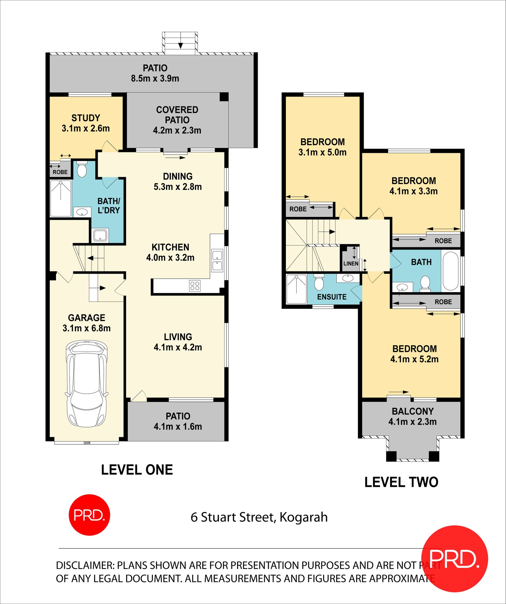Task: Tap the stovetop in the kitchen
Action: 194,286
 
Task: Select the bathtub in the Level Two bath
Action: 451,271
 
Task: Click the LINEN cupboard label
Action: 351,264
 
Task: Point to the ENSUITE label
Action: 332,297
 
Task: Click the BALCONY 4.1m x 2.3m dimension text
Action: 413,422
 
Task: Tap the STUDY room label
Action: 86,118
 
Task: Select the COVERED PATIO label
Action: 177,115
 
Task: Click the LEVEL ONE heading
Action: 137,470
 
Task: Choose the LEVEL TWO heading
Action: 401,482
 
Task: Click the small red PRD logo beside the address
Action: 89,515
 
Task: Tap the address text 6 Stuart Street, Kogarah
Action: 259,517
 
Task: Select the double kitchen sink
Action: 217,260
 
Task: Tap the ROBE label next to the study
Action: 60,172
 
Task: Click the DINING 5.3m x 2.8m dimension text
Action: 178,187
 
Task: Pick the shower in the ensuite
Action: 296,289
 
